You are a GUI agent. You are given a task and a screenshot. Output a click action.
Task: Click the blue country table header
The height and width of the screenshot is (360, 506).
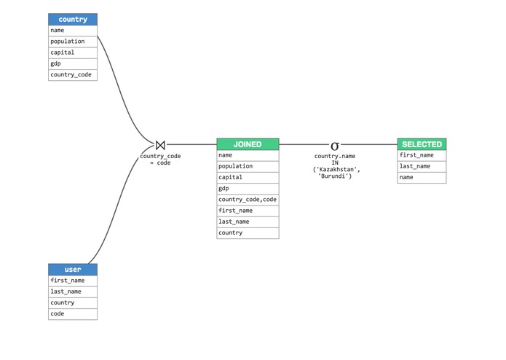pyautogui.click(x=72, y=19)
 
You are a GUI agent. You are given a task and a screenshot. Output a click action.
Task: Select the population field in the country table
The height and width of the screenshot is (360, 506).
pyautogui.click(x=72, y=42)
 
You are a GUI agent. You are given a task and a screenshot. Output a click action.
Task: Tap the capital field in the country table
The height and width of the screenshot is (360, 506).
pyautogui.click(x=72, y=52)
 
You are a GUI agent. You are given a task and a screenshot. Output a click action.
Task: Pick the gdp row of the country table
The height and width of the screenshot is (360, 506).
pyautogui.click(x=72, y=63)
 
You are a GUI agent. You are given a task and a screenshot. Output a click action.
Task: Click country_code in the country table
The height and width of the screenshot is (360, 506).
pyautogui.click(x=72, y=74)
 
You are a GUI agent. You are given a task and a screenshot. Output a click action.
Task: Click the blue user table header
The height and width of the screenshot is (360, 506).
pyautogui.click(x=72, y=270)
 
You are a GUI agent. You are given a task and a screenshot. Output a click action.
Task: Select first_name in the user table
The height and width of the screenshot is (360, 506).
pyautogui.click(x=72, y=281)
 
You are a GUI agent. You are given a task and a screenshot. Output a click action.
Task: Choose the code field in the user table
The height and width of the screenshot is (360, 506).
pyautogui.click(x=72, y=313)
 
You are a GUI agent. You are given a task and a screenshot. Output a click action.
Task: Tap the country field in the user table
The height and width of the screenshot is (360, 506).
pyautogui.click(x=72, y=302)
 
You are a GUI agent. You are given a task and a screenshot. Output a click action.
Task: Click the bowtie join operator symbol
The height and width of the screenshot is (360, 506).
pyautogui.click(x=160, y=145)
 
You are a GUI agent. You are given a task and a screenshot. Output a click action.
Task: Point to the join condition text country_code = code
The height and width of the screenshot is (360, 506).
pyautogui.click(x=160, y=160)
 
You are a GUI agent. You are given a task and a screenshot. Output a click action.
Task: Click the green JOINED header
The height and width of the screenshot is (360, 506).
pyautogui.click(x=248, y=144)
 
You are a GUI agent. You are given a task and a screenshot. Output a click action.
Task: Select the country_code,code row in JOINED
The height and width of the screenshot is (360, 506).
pyautogui.click(x=248, y=200)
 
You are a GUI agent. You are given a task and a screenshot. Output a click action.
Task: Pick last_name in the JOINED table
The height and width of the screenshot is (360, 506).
pyautogui.click(x=248, y=222)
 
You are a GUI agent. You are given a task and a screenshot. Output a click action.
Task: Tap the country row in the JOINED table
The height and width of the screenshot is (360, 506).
pyautogui.click(x=248, y=232)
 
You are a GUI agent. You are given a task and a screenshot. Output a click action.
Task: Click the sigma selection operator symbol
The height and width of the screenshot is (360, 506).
pyautogui.click(x=335, y=146)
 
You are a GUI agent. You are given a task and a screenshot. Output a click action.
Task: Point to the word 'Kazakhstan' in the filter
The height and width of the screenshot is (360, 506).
pyautogui.click(x=337, y=170)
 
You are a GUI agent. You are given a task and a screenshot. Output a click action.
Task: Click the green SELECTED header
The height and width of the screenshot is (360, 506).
pyautogui.click(x=422, y=144)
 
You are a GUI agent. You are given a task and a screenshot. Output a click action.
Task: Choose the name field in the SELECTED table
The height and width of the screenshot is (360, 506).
pyautogui.click(x=422, y=177)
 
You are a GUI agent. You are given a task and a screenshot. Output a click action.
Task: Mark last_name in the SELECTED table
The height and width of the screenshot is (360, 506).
pyautogui.click(x=422, y=166)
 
